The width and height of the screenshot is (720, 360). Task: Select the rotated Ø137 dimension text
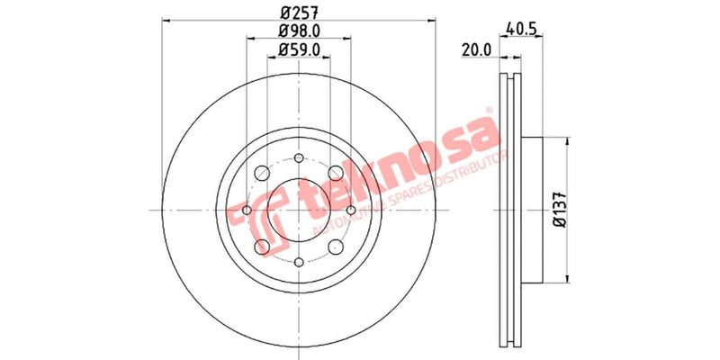pyautogui.click(x=558, y=209)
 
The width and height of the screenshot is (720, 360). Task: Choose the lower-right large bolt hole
pyautogui.click(x=335, y=246)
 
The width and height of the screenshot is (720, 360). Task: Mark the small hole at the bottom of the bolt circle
pyautogui.click(x=298, y=261)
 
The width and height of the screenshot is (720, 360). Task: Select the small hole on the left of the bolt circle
pyautogui.click(x=246, y=210)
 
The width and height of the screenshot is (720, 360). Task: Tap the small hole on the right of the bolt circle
pyautogui.click(x=350, y=210)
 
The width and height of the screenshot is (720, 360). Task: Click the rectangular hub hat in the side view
pyautogui.click(x=531, y=209)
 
